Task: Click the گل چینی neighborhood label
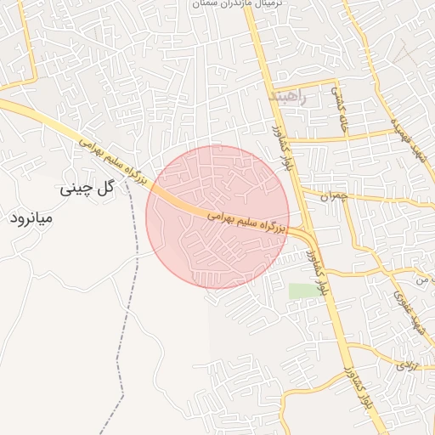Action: click(x=87, y=189)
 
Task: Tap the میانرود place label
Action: click(x=31, y=218)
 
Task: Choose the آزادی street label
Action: click(x=402, y=366)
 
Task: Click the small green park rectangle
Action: click(x=300, y=291)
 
